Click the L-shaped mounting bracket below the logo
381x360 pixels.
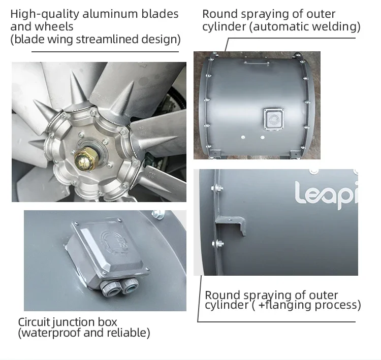pos(230,224)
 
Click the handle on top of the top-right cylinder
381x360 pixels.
pos(257,62)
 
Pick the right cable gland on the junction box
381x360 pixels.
pos(130,285)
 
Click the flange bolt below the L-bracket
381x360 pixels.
pos(218,243)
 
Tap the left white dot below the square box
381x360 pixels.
pos(243,138)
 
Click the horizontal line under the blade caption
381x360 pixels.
pos(105,51)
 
